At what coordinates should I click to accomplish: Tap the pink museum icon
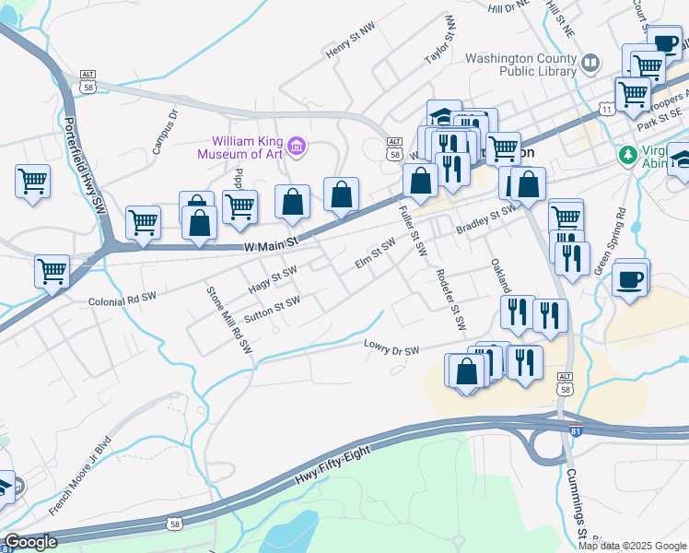297,146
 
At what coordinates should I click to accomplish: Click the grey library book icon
590,63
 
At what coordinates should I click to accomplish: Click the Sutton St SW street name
272,310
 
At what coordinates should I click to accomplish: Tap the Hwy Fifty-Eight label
333,467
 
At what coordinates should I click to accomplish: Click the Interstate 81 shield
576,430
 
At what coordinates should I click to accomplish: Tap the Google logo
29,542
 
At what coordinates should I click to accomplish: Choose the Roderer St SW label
451,300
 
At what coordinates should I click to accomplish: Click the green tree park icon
629,154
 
